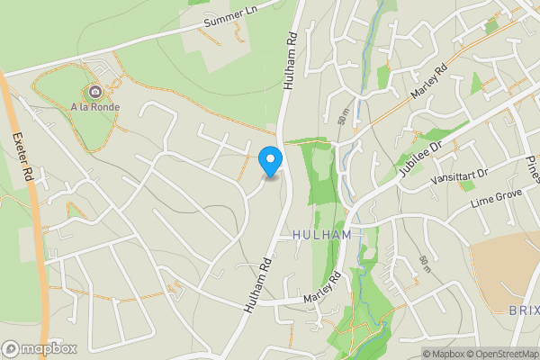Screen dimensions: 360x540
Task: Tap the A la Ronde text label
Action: (96, 107)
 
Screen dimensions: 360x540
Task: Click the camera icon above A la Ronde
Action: (94, 91)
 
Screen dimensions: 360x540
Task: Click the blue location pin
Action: (269, 162)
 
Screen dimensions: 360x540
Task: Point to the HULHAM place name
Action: (321, 234)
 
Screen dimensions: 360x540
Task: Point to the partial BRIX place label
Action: (524, 310)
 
